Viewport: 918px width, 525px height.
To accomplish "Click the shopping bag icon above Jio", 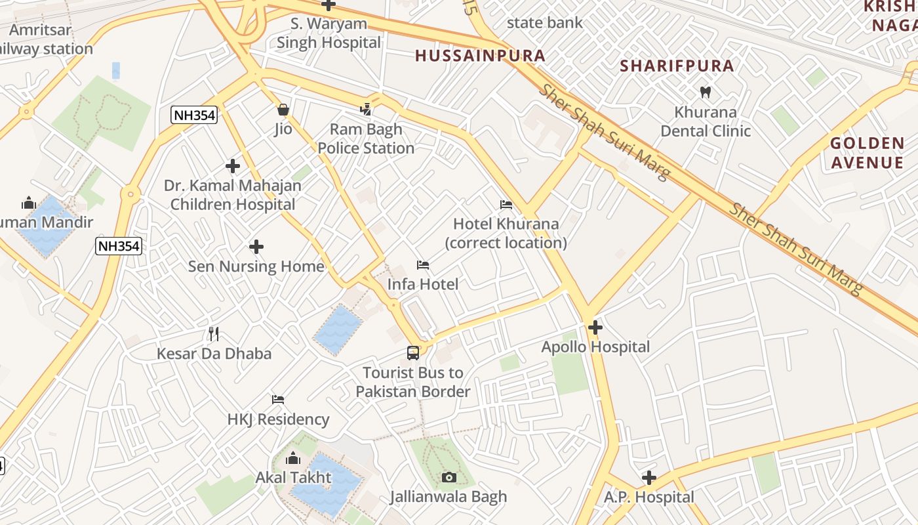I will [x=283, y=110].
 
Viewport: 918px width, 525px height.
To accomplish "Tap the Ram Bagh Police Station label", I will [x=366, y=139].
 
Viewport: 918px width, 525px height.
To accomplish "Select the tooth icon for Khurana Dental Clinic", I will [x=706, y=92].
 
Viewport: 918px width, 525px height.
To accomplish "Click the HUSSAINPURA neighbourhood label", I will [x=481, y=56].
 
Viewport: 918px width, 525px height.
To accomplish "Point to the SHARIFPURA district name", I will [x=677, y=66].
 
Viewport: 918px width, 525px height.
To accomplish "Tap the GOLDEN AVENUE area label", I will [x=867, y=153].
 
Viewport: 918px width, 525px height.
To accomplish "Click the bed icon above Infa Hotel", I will [x=423, y=265].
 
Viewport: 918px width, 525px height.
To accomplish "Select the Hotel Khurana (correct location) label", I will [x=506, y=233].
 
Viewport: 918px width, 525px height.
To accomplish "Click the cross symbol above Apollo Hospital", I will [x=595, y=327].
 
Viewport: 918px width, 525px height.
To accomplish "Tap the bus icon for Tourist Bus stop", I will [x=413, y=353].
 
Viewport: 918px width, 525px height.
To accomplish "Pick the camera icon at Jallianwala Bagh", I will [x=449, y=477].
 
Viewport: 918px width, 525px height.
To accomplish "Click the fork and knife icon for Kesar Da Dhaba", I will [x=214, y=333].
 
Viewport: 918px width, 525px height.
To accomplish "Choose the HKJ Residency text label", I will [x=278, y=419].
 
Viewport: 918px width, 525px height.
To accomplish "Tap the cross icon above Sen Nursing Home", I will [x=256, y=247].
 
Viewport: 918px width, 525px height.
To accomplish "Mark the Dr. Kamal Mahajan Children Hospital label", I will [x=233, y=195].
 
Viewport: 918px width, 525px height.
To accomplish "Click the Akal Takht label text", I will [x=293, y=477].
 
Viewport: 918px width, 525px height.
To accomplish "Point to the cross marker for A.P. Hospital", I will [x=649, y=478].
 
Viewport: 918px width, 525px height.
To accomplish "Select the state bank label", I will [x=544, y=23].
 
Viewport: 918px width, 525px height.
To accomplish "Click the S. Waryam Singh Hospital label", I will [x=329, y=33].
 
